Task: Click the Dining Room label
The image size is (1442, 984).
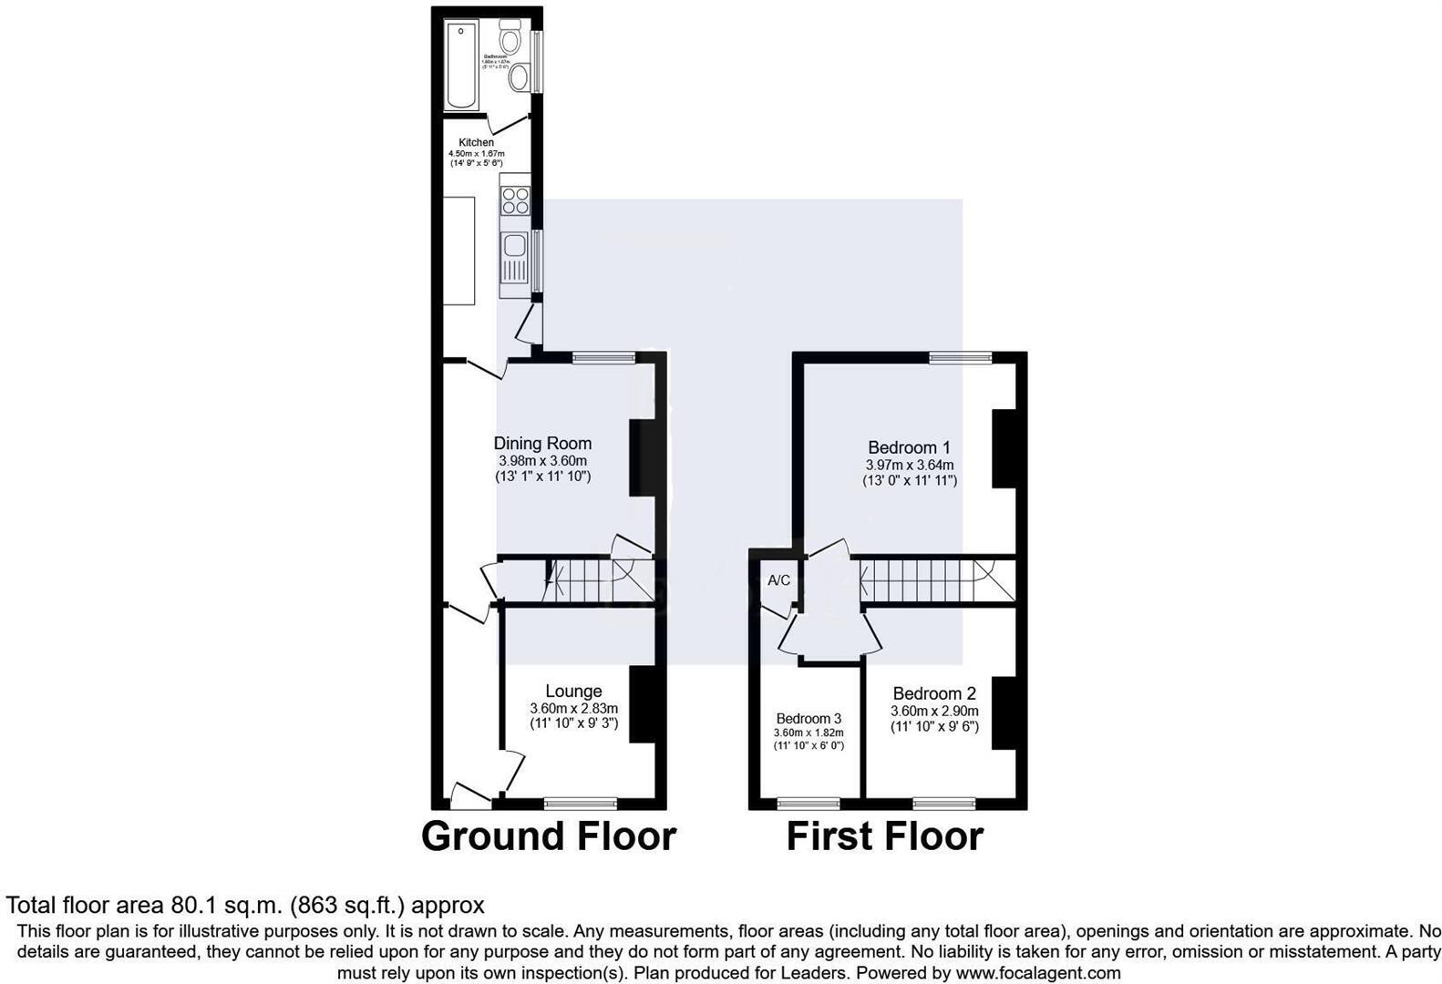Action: click(x=542, y=444)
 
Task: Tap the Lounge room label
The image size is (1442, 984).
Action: click(x=573, y=692)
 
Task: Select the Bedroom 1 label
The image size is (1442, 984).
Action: click(x=909, y=447)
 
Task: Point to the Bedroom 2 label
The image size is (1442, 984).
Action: click(x=934, y=693)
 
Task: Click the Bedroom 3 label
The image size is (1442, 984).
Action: click(x=809, y=718)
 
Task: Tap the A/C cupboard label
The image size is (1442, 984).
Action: click(x=778, y=580)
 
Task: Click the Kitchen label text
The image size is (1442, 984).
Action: click(x=476, y=142)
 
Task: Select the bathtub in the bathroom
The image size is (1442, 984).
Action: click(x=461, y=65)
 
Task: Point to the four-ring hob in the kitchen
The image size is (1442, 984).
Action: click(x=515, y=200)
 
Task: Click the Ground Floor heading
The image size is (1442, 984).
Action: click(x=549, y=836)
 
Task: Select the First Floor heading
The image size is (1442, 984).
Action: click(x=884, y=836)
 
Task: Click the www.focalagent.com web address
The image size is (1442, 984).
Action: click(x=1038, y=972)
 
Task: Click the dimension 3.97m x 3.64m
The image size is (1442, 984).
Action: click(x=909, y=465)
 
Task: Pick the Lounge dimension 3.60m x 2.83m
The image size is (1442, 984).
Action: click(x=573, y=708)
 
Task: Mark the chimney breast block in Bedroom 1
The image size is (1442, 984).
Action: click(x=1004, y=448)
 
